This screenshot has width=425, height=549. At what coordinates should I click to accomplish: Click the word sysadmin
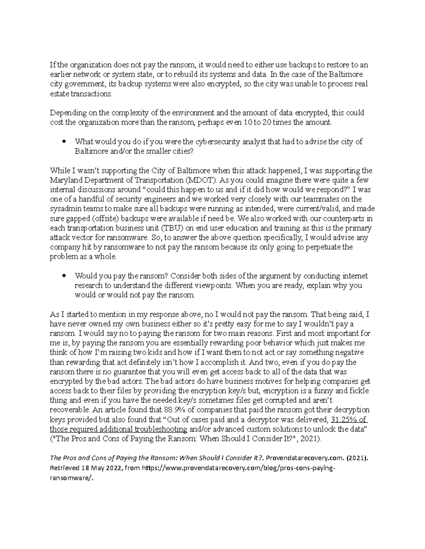(x=64, y=209)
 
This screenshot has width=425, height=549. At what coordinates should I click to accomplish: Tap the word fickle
(x=358, y=391)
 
